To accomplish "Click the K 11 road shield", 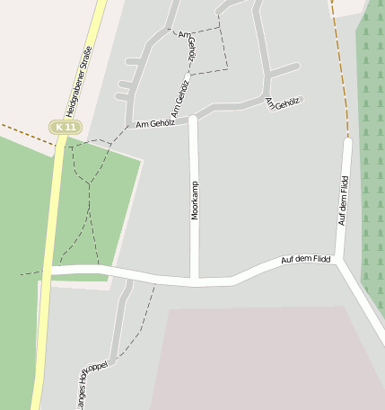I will pyautogui.click(x=65, y=128).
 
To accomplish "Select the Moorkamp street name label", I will pyautogui.click(x=195, y=201).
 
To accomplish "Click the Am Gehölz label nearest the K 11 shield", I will pyautogui.click(x=154, y=123).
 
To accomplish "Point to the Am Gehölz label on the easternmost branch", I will pyautogui.click(x=282, y=105).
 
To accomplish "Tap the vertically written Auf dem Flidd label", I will pyautogui.click(x=343, y=201).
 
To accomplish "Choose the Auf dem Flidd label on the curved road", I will pyautogui.click(x=305, y=259).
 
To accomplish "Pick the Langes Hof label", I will pyautogui.click(x=82, y=391).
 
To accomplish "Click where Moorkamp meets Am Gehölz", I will pyautogui.click(x=192, y=117).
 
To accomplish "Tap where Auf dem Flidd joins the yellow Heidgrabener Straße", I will pyautogui.click(x=52, y=270).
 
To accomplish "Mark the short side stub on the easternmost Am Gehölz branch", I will pyautogui.click(x=284, y=69).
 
